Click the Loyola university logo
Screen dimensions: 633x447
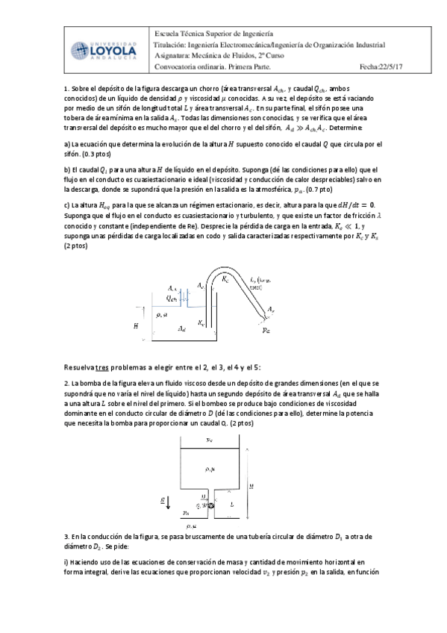[x=107, y=50]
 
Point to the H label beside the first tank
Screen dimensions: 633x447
[x=136, y=325]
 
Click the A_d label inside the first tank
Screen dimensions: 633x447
[x=181, y=328]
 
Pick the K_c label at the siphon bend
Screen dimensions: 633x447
[x=226, y=278]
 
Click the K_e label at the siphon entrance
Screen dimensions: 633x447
[x=201, y=322]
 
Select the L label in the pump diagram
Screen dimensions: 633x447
[x=232, y=505]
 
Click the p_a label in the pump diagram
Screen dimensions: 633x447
[x=187, y=514]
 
